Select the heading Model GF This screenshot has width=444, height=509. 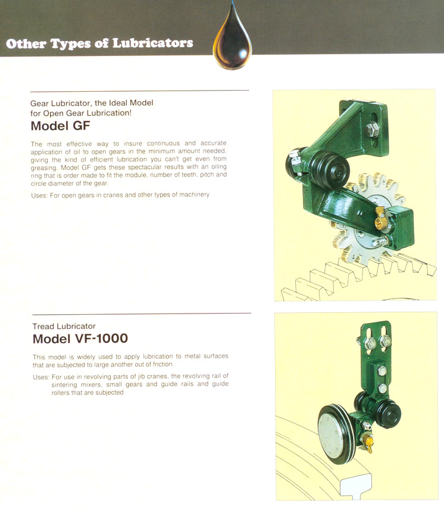[x=60, y=126]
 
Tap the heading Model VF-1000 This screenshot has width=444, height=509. [x=80, y=339]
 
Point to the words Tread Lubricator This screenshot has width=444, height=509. [x=64, y=326]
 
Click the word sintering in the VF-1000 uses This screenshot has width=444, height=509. [x=64, y=384]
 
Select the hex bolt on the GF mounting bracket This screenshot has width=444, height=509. [x=372, y=130]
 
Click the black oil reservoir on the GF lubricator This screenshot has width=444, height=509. [x=330, y=169]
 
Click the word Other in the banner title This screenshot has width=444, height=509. [x=26, y=44]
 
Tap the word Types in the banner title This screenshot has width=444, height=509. [x=70, y=44]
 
